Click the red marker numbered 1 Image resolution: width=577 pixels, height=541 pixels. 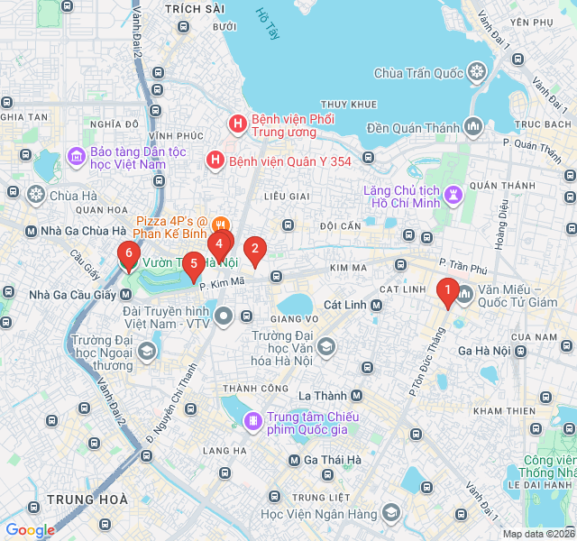(x=445, y=290)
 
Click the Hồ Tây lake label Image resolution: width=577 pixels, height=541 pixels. (x=269, y=24)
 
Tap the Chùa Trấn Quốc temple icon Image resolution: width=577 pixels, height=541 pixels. (x=476, y=72)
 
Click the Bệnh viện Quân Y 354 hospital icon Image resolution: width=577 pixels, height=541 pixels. (x=215, y=161)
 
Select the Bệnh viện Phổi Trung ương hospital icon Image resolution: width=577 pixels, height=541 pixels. (x=236, y=123)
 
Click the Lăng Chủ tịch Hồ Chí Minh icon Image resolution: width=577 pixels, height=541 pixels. (x=453, y=193)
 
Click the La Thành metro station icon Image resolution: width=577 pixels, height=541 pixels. (x=356, y=396)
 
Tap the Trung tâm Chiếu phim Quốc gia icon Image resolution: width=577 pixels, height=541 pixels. (x=253, y=420)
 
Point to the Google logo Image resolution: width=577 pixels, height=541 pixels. (x=30, y=530)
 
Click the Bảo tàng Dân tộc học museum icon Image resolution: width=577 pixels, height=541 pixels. (x=76, y=158)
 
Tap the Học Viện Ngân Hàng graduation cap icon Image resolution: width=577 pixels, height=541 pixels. (x=390, y=513)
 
